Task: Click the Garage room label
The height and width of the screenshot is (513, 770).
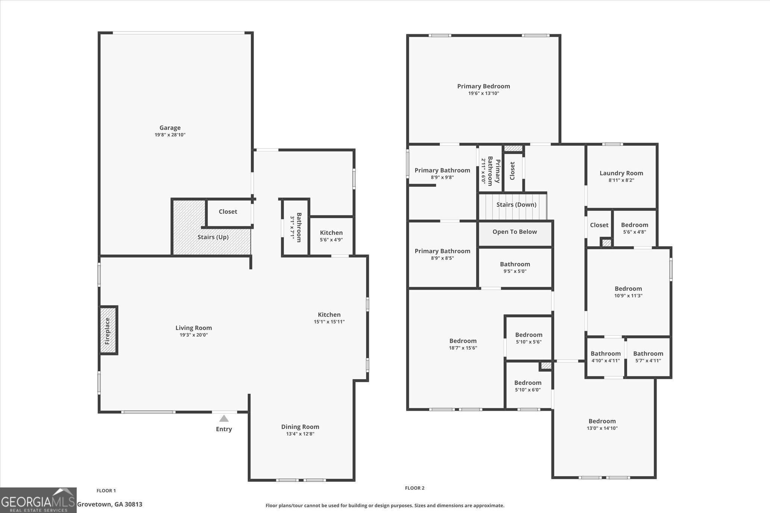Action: click(170, 128)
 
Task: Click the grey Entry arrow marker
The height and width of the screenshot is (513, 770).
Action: click(224, 418)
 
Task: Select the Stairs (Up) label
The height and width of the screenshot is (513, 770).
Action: click(213, 237)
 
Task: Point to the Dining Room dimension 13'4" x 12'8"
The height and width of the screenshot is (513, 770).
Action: click(300, 434)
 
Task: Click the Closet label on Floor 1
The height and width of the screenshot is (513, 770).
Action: click(228, 212)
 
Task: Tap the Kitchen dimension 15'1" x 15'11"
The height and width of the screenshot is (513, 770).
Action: click(329, 322)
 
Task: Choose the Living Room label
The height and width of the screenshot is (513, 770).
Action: click(194, 328)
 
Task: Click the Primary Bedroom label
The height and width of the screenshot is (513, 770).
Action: click(484, 86)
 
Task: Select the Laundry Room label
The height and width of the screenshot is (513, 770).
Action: click(621, 173)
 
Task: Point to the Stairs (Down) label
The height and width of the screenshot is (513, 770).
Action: click(516, 204)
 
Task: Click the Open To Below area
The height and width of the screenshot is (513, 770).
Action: click(515, 233)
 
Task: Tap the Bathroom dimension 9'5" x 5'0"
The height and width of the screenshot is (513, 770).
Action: click(515, 271)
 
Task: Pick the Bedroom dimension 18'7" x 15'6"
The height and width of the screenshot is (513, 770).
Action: click(463, 348)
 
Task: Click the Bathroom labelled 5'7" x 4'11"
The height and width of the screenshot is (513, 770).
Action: click(648, 357)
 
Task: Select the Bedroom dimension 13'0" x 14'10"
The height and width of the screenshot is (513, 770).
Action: click(602, 428)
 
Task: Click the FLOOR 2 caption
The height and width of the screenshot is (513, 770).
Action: click(415, 488)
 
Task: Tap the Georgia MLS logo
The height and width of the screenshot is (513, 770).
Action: click(38, 500)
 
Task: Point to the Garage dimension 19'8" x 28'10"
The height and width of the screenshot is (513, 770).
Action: click(170, 135)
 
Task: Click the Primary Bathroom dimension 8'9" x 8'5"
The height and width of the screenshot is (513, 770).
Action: click(443, 258)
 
